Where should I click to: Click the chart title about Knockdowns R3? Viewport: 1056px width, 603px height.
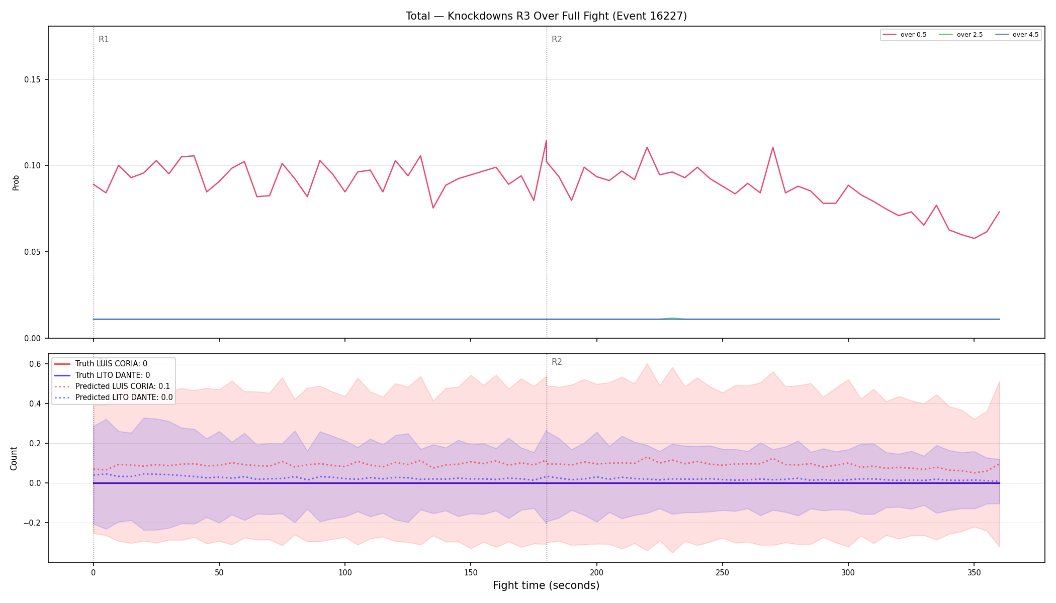(x=546, y=16)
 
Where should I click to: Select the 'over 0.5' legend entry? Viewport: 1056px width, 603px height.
(x=905, y=35)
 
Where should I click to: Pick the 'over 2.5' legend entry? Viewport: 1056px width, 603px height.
(x=961, y=35)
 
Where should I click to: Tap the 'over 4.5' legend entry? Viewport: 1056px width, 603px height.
(x=1017, y=35)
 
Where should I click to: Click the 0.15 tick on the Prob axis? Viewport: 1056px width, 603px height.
(x=33, y=80)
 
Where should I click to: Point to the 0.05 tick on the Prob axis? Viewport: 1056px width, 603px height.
(x=33, y=252)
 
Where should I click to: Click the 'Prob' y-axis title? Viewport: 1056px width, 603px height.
(x=16, y=182)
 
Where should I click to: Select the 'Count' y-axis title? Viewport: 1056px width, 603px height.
(x=14, y=458)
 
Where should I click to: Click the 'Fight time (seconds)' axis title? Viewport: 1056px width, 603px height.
(x=546, y=585)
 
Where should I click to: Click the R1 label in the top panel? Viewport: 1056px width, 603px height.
(x=104, y=39)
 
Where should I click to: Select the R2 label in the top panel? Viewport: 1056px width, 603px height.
(x=557, y=39)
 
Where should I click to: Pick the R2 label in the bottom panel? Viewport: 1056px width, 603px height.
(x=557, y=362)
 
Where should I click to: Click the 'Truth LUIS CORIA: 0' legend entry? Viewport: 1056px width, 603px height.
(x=100, y=364)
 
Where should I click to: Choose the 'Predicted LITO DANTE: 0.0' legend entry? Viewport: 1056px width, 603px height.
(x=113, y=397)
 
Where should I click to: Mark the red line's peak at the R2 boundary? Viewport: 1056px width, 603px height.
(x=546, y=141)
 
